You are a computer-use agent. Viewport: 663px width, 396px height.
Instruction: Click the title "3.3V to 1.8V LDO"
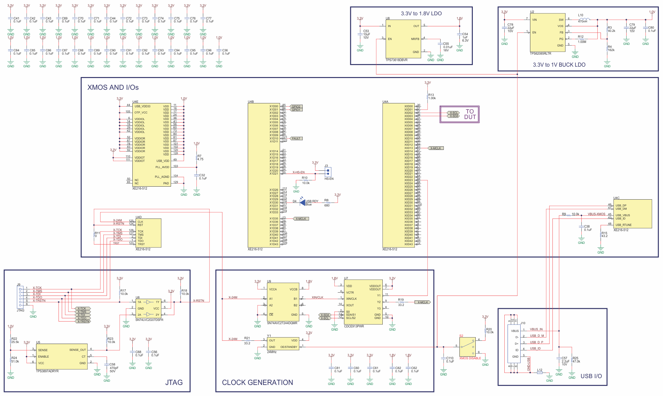click(x=421, y=14)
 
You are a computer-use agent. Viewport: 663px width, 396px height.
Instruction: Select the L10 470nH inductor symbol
click(x=584, y=20)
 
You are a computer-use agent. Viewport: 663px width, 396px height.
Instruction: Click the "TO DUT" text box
click(x=470, y=114)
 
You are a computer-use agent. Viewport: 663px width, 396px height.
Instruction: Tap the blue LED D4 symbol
click(x=302, y=202)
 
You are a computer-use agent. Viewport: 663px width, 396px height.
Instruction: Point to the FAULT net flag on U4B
click(x=296, y=139)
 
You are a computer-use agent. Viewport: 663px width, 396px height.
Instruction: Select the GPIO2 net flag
click(x=296, y=107)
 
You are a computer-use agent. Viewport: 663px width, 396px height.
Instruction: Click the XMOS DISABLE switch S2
click(x=468, y=347)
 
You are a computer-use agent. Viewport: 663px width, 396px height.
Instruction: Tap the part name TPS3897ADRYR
click(x=47, y=371)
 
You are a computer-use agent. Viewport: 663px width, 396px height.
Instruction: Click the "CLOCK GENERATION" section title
click(x=257, y=382)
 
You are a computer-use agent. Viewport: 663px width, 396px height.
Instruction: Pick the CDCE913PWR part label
click(x=354, y=326)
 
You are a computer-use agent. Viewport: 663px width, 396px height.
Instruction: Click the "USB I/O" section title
click(x=591, y=376)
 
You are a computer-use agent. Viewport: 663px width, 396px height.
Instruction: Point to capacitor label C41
click(x=16, y=19)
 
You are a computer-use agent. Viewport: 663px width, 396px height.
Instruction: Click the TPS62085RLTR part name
click(x=540, y=54)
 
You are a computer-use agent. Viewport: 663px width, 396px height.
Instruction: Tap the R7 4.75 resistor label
click(x=200, y=158)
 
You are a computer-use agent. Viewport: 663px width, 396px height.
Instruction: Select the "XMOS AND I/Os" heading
click(x=113, y=87)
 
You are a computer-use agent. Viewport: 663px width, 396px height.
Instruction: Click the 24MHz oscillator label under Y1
click(x=272, y=352)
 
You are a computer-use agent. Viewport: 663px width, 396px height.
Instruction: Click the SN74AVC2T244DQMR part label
click(x=282, y=323)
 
